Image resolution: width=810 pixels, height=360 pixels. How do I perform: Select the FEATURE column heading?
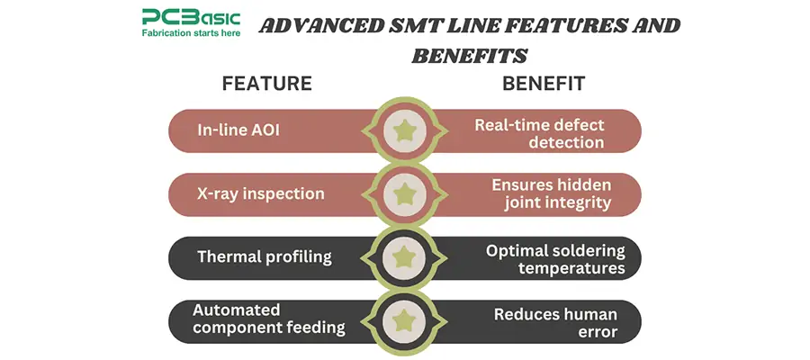266,84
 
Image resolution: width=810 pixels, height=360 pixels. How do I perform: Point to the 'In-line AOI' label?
238,130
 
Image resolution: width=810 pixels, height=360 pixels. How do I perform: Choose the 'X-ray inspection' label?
261,193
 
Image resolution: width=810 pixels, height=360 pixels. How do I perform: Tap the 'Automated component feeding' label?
268,319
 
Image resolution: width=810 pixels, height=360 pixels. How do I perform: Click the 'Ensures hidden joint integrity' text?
551,193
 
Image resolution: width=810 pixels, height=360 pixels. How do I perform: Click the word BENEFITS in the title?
468,56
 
